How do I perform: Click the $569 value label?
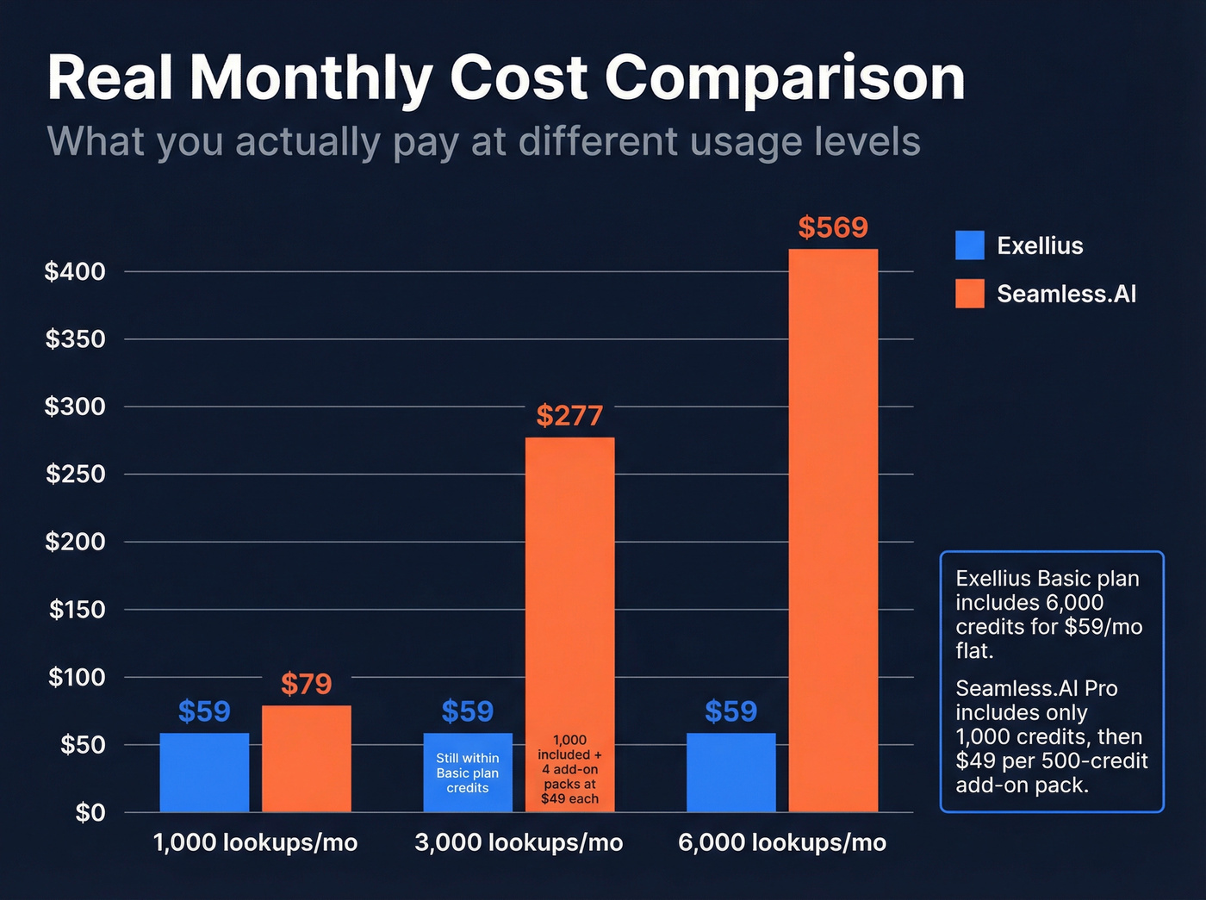pyautogui.click(x=833, y=227)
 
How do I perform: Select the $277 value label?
pyautogui.click(x=569, y=415)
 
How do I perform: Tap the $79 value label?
pyautogui.click(x=306, y=684)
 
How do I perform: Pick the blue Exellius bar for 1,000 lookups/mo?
pyautogui.click(x=204, y=773)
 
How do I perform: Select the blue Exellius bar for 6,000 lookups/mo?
pyautogui.click(x=730, y=773)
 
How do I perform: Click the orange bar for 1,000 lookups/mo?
pyautogui.click(x=306, y=759)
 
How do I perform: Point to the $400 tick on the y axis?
pyautogui.click(x=75, y=271)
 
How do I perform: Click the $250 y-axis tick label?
pyautogui.click(x=75, y=474)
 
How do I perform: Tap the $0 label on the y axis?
pyautogui.click(x=90, y=812)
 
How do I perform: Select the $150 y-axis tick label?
pyautogui.click(x=77, y=610)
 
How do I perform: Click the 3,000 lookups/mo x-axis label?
pyautogui.click(x=519, y=842)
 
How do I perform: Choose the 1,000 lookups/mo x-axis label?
pyautogui.click(x=255, y=842)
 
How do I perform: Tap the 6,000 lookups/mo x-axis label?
pyautogui.click(x=782, y=842)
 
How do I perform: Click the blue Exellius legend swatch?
pyautogui.click(x=969, y=245)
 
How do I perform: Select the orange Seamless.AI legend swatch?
pyautogui.click(x=969, y=294)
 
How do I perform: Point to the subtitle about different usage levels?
pyautogui.click(x=483, y=142)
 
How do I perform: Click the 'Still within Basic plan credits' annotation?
pyautogui.click(x=468, y=773)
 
